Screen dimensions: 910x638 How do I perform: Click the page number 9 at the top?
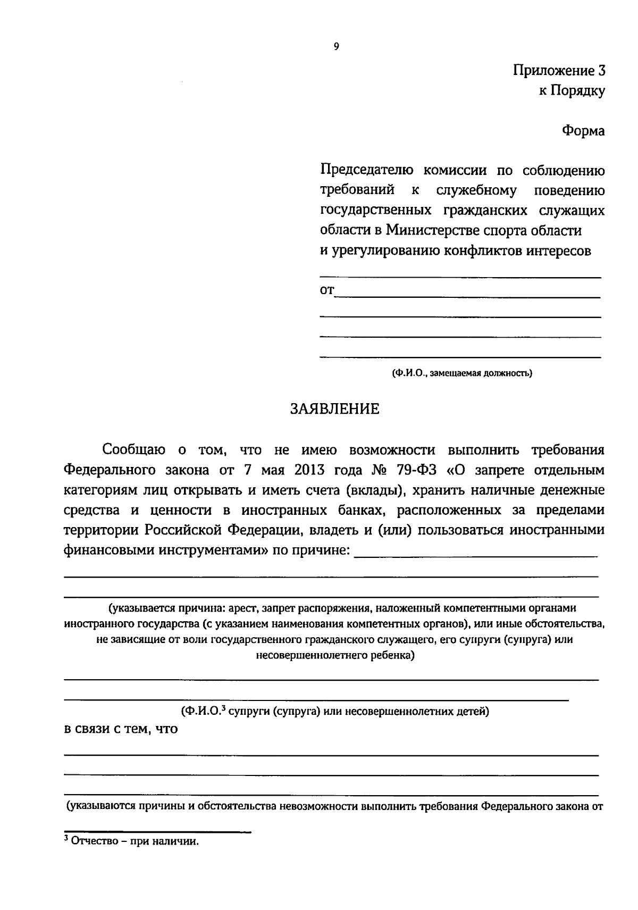pos(335,47)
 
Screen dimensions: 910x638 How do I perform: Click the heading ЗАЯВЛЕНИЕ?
pos(334,409)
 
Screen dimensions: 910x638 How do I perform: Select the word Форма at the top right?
pos(583,131)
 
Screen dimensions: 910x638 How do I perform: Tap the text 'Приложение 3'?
pos(559,71)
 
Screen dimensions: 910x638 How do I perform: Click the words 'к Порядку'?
pos(572,91)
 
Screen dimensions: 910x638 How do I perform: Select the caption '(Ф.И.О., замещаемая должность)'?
pos(461,373)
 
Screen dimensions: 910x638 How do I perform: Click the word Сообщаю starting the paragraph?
pos(134,450)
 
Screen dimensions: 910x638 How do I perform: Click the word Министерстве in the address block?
pos(431,231)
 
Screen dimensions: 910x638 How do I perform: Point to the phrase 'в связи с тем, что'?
pos(121,729)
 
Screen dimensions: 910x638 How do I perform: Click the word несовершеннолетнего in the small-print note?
pos(302,655)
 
